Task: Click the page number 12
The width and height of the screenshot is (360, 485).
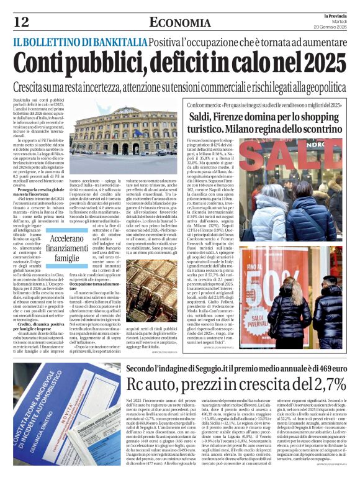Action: coord(21,22)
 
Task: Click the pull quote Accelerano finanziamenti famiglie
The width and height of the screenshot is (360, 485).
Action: coord(67,248)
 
